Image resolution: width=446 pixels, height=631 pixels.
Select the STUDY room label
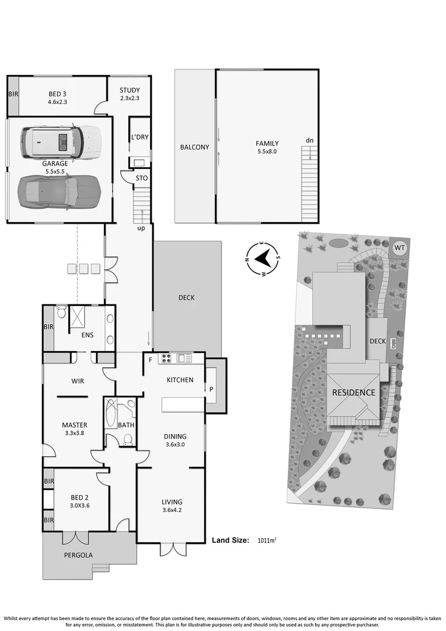(130, 90)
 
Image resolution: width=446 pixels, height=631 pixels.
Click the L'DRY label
(140, 137)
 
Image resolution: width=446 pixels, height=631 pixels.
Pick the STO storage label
(142, 178)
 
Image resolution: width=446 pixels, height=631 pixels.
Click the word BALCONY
(194, 147)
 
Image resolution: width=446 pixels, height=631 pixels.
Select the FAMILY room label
(267, 143)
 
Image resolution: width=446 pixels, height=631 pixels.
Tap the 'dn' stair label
(310, 141)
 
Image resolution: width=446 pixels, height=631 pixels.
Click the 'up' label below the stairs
(141, 228)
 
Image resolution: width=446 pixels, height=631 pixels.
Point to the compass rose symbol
(263, 257)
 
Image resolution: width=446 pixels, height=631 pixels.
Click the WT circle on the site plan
(399, 248)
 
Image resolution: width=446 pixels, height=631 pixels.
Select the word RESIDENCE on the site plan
(354, 393)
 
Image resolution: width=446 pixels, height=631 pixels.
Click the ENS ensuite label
(88, 336)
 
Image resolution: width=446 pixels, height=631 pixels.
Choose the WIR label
(78, 381)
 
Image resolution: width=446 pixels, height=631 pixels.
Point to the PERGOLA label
(78, 555)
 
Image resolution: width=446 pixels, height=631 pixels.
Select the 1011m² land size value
(267, 540)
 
